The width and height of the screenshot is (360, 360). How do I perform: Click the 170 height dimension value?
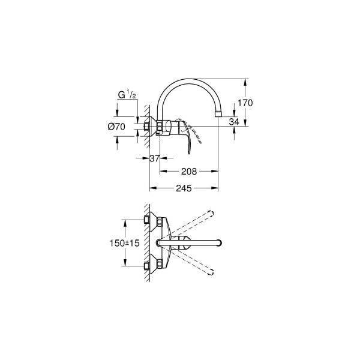click(x=245, y=103)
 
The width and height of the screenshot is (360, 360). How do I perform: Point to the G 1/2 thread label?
click(x=127, y=95)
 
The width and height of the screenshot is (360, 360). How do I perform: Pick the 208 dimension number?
click(x=189, y=172)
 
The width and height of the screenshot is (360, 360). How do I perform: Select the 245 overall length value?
click(x=183, y=188)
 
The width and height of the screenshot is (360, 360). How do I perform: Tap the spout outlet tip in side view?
click(x=220, y=112)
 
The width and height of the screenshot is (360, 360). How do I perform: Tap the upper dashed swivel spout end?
click(x=211, y=214)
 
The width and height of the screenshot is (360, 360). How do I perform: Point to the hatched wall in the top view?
click(x=146, y=243)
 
